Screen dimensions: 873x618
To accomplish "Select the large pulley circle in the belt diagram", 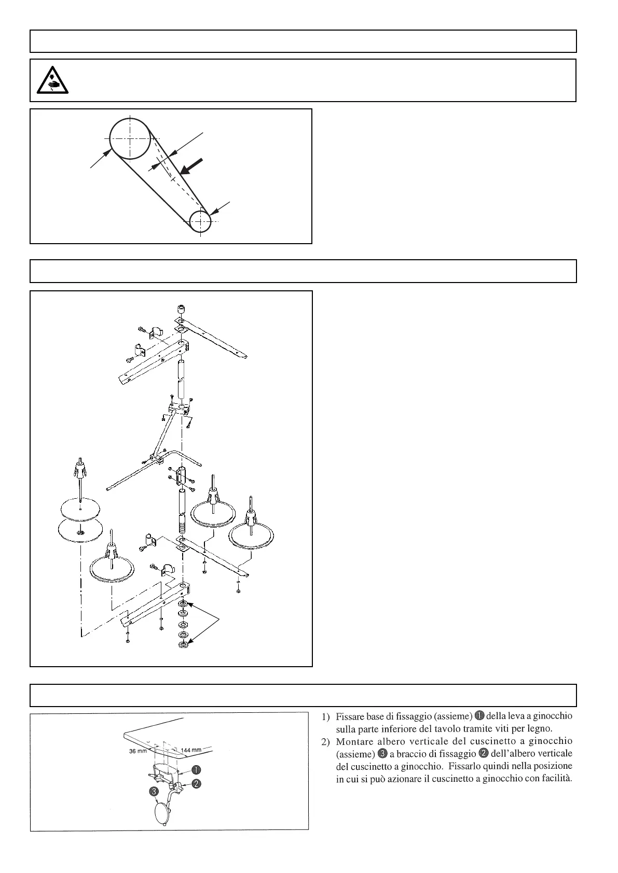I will click(x=130, y=138).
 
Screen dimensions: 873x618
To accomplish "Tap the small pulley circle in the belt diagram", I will click(x=200, y=222).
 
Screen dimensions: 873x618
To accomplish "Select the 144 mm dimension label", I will click(x=191, y=750).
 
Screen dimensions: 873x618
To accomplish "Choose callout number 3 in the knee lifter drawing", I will click(x=154, y=791).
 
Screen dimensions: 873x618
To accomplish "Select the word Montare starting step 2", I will click(x=355, y=740).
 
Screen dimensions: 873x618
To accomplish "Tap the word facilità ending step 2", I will click(x=554, y=779).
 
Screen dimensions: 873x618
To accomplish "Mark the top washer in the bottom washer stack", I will click(x=183, y=605).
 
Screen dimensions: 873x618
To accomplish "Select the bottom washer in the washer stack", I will click(x=183, y=644).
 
